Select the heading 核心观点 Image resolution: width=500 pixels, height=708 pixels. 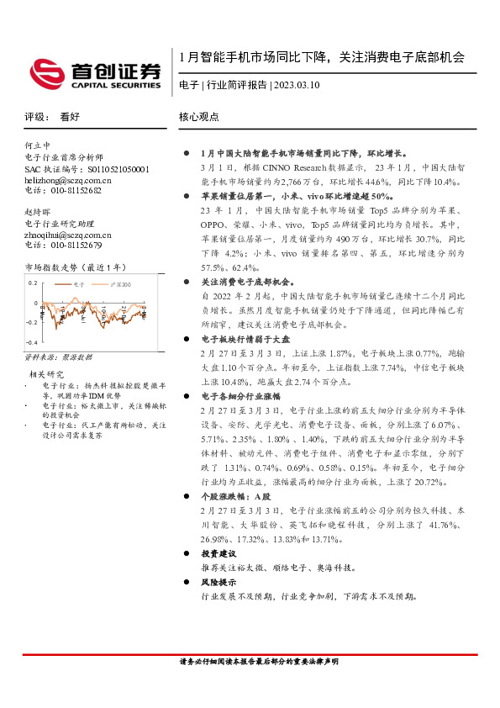coord(199,118)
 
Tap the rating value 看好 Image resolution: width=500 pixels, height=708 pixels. coord(70,118)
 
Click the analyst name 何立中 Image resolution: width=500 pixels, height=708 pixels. coord(38,146)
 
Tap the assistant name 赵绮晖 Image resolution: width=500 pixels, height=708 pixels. coord(38,213)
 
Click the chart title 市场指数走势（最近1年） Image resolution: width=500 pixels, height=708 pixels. coord(75,267)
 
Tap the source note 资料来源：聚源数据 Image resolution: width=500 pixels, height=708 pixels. coord(60,357)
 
